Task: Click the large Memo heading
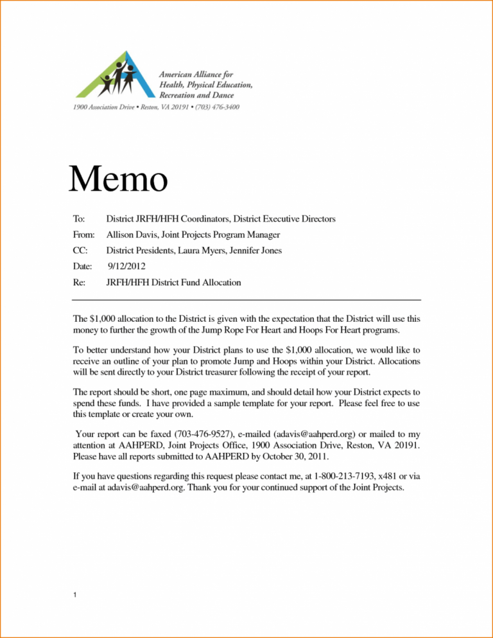[x=118, y=180]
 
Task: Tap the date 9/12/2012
[x=128, y=265]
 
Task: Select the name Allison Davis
[x=132, y=235]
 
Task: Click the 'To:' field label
[x=79, y=219]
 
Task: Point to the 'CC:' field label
[x=80, y=250]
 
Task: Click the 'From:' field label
[x=83, y=235]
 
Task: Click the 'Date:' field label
[x=82, y=265]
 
